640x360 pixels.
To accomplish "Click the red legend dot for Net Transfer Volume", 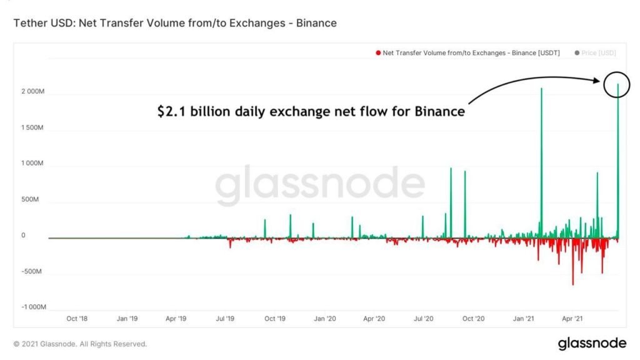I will [378, 54].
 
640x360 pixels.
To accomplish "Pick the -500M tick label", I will [33, 272].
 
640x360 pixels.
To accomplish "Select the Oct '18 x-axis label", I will [76, 319].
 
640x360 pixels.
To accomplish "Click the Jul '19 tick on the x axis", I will [225, 319].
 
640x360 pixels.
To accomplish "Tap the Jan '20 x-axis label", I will [324, 319].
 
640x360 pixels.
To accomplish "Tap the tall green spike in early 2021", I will [541, 156].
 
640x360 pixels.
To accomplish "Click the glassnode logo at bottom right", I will [591, 343].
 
